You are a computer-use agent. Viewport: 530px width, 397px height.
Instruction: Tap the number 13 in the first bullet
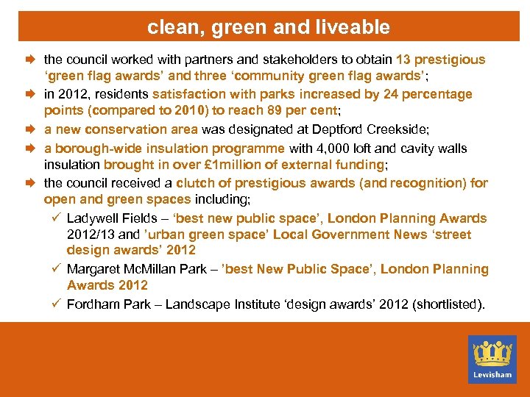pyautogui.click(x=403, y=60)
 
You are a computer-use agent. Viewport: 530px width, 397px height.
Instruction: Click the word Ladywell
pyautogui.click(x=91, y=218)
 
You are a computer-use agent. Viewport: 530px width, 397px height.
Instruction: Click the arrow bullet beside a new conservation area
pyautogui.click(x=32, y=129)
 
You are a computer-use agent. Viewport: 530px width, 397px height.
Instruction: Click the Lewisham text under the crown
pyautogui.click(x=492, y=374)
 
